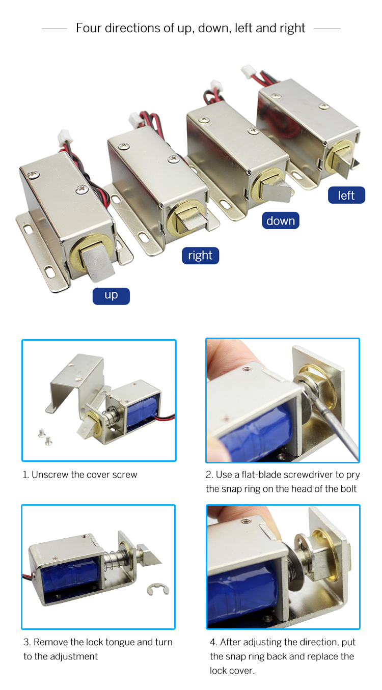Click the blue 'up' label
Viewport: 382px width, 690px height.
(x=111, y=296)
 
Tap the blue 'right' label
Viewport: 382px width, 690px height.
(x=200, y=256)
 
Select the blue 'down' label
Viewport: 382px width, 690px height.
(x=280, y=220)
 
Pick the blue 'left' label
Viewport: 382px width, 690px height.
(x=346, y=196)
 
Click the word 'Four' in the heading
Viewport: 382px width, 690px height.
(x=90, y=28)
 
